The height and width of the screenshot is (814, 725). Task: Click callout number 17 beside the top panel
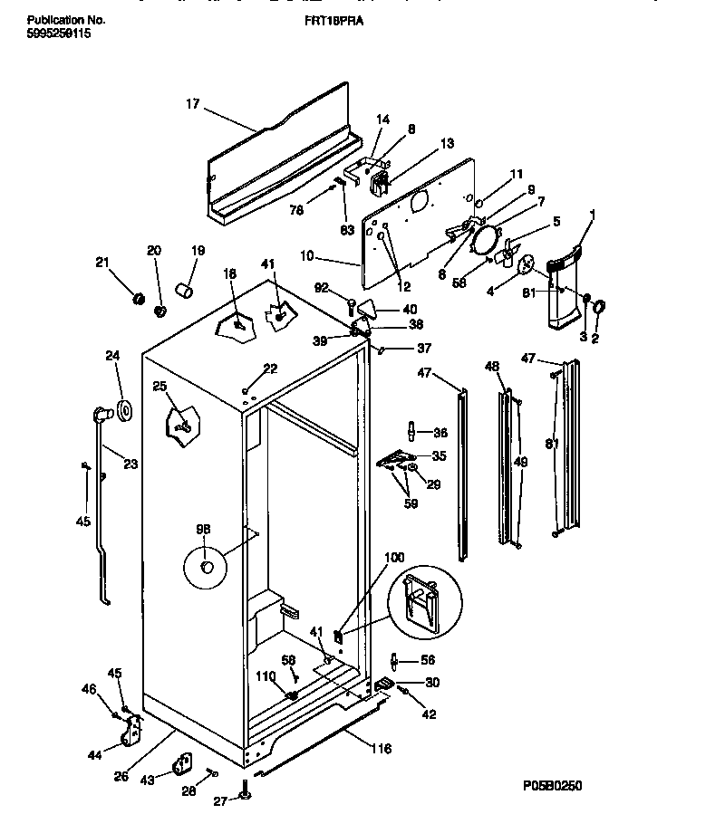192,104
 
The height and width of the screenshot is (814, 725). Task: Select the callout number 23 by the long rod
130,465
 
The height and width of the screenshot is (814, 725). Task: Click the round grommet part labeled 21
139,299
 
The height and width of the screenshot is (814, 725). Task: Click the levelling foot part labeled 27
245,795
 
